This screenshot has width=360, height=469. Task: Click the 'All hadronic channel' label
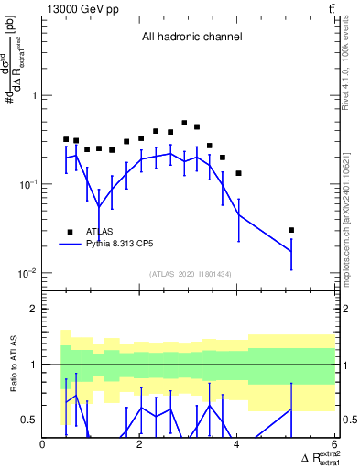point(191,37)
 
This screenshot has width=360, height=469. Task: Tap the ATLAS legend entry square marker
point(70,231)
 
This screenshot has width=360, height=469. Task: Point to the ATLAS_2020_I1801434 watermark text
point(190,274)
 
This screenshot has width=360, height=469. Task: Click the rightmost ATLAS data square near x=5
point(291,230)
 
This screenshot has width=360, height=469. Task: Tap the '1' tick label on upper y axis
point(34,95)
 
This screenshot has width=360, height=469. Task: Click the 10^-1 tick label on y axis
point(27,184)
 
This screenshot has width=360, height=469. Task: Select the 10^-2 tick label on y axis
point(27,273)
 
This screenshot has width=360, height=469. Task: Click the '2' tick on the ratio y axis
point(34,309)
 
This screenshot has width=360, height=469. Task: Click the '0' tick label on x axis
point(43,444)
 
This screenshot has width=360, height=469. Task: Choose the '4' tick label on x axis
point(237,444)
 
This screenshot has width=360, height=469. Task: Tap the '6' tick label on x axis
point(334,444)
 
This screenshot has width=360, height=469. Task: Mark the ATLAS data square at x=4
point(238,173)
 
